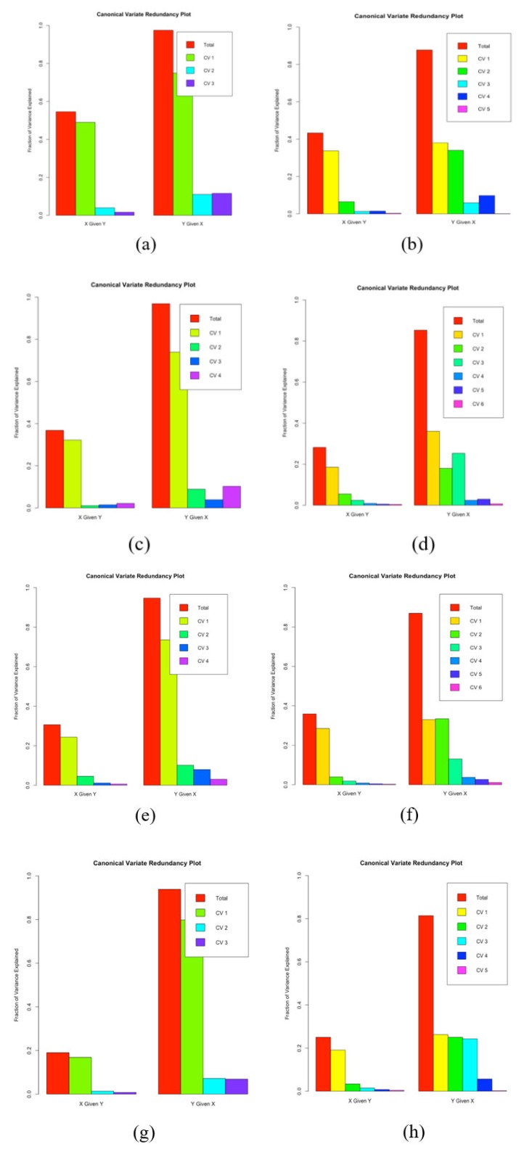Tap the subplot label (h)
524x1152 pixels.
pyautogui.click(x=412, y=1132)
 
